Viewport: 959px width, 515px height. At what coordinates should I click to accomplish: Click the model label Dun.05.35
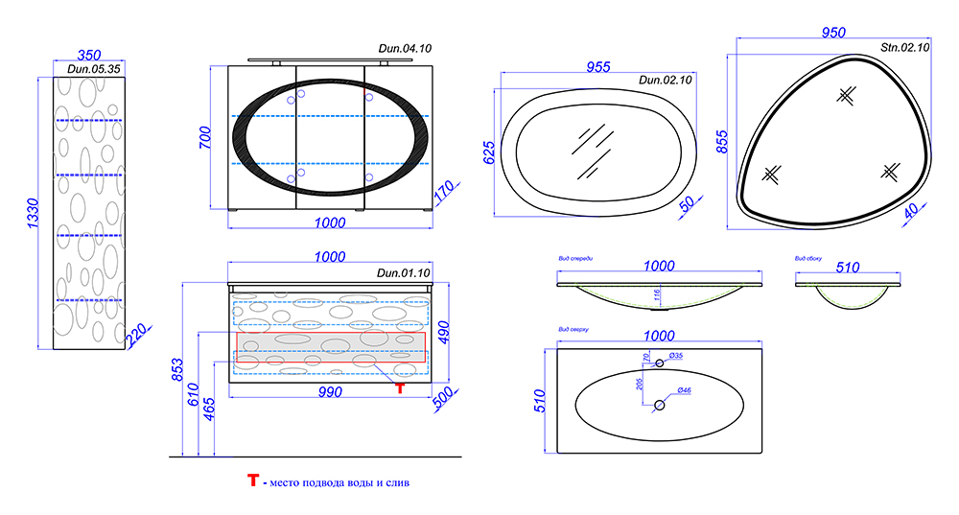pyautogui.click(x=94, y=69)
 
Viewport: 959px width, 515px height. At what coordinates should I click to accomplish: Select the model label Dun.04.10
pyautogui.click(x=406, y=48)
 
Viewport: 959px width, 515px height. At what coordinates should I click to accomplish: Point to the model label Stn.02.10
pyautogui.click(x=905, y=47)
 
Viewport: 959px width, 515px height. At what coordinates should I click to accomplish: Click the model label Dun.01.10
pyautogui.click(x=404, y=273)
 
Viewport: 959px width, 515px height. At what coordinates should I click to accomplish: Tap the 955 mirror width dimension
pyautogui.click(x=598, y=67)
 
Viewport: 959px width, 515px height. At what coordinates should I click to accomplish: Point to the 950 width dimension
pyautogui.click(x=833, y=33)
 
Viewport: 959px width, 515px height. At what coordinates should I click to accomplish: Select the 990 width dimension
pyautogui.click(x=330, y=394)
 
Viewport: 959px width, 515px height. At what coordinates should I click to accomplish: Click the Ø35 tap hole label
pyautogui.click(x=675, y=356)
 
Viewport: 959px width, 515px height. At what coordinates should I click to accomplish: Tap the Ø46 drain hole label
pyautogui.click(x=685, y=391)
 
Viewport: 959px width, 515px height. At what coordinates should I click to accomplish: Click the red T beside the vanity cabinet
pyautogui.click(x=400, y=387)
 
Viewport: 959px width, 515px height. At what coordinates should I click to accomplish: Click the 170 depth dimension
pyautogui.click(x=444, y=193)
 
